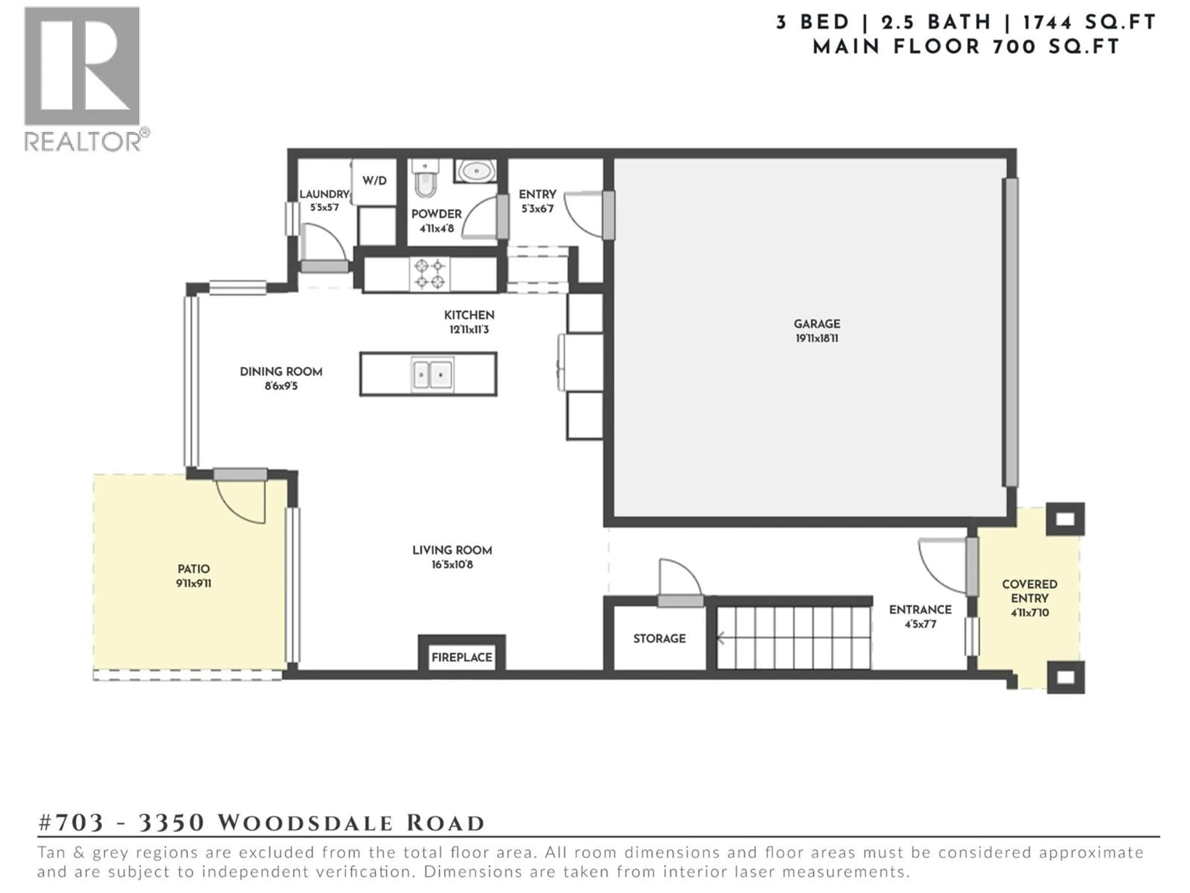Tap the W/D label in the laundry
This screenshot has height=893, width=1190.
click(374, 181)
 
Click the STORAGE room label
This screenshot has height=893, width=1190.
click(659, 638)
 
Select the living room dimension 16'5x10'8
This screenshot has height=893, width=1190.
click(452, 565)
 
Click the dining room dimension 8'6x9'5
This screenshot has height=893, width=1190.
click(281, 386)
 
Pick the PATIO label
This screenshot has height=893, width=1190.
click(194, 569)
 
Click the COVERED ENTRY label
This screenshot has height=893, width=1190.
click(1029, 591)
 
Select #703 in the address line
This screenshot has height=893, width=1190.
click(72, 823)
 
